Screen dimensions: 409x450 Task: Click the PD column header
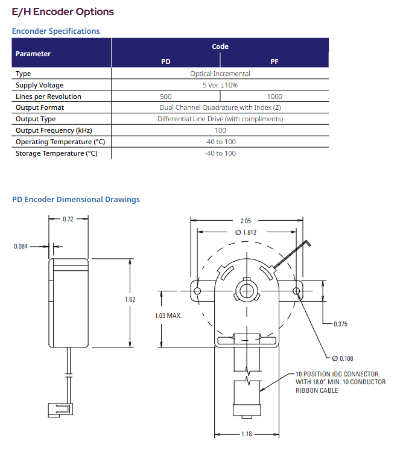(166, 62)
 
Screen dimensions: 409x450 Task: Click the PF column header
(274, 62)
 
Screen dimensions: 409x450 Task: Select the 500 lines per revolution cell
(166, 97)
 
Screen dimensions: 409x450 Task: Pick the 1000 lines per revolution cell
(274, 97)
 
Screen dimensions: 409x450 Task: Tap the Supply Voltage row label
(40, 85)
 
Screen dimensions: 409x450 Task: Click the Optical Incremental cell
(220, 74)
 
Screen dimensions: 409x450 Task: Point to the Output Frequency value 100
(220, 130)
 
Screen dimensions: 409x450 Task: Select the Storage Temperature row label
(57, 154)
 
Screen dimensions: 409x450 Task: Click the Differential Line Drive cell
(220, 119)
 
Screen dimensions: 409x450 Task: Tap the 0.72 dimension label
(68, 219)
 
